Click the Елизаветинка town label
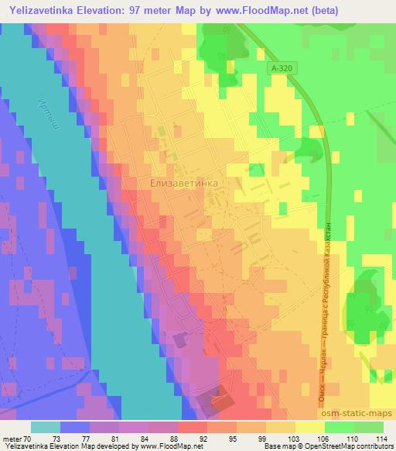pyautogui.click(x=182, y=182)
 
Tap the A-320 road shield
pyautogui.click(x=283, y=70)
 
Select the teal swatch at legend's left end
pyautogui.click(x=46, y=427)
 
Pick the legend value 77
pyautogui.click(x=74, y=438)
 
